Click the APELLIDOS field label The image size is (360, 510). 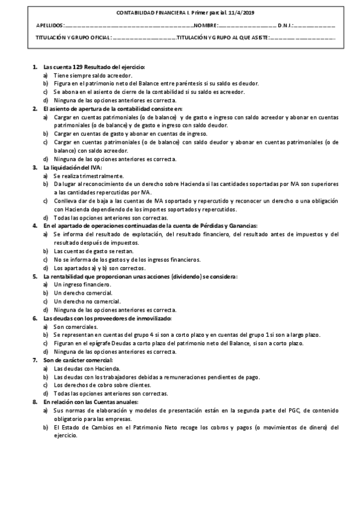[49, 26]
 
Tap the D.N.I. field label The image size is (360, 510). [285, 26]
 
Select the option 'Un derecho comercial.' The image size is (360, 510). [82, 292]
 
